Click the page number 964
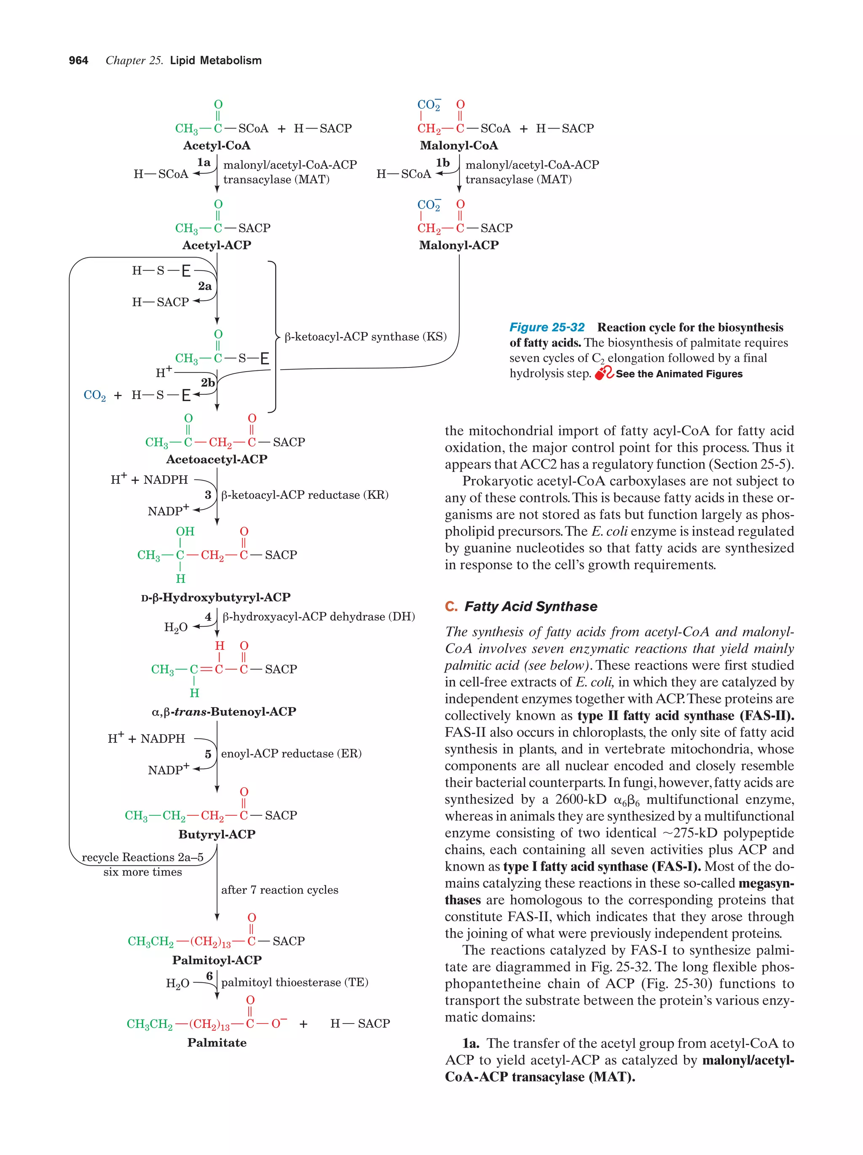tap(78, 61)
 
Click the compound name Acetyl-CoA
tap(216, 146)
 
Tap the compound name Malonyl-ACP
tap(458, 245)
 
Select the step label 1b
tap(443, 163)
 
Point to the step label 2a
tap(205, 286)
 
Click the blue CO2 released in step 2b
tap(94, 395)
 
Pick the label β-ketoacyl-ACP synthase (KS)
tap(365, 337)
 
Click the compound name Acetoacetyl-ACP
tap(216, 459)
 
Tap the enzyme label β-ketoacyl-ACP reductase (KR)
tap(305, 495)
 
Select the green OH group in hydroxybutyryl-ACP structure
tap(185, 531)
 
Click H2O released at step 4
tap(175, 627)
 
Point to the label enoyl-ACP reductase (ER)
tap(291, 753)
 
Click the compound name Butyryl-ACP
tap(217, 834)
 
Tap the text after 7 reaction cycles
tap(279, 890)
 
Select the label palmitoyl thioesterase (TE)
tap(295, 982)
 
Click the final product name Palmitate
tap(217, 1043)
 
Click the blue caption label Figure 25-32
tap(547, 327)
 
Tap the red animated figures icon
tap(604, 373)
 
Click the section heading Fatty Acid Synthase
tap(531, 606)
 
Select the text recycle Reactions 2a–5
tap(142, 858)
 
